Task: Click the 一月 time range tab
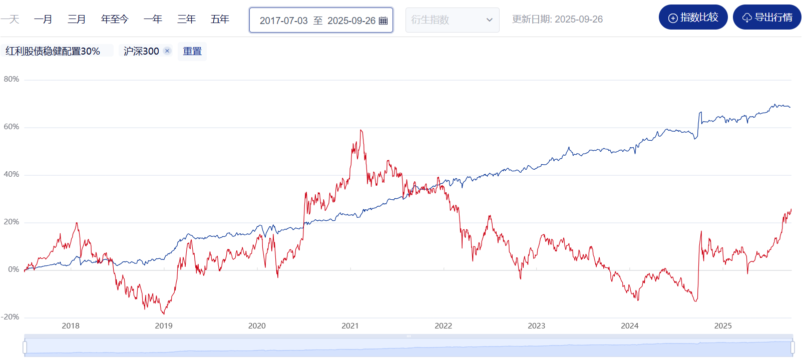pos(43,20)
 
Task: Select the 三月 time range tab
pos(77,20)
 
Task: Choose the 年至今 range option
pos(115,20)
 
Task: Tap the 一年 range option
pos(153,20)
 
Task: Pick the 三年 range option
pos(186,20)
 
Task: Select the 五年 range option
pos(220,20)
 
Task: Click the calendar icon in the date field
pos(383,21)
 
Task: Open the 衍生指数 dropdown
pos(452,20)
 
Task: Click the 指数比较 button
pos(693,18)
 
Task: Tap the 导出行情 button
pos(767,18)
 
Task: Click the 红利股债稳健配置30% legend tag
pos(53,51)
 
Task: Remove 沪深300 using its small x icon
pos(167,51)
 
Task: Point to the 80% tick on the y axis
pos(12,79)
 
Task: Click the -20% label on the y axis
pos(10,317)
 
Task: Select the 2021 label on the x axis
pos(350,326)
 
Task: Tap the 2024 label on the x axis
pos(629,326)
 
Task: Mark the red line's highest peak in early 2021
pos(361,130)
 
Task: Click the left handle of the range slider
pos(25,347)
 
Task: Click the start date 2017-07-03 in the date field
pos(283,21)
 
